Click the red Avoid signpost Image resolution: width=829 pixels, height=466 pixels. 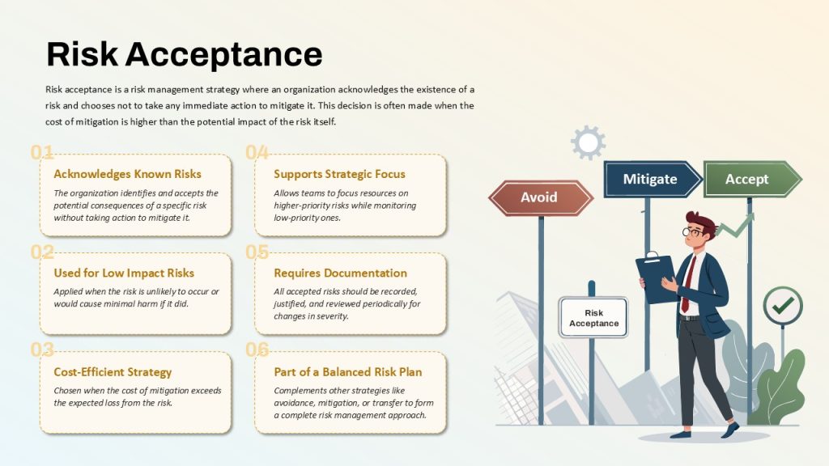coord(540,197)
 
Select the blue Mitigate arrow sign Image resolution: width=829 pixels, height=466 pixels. coord(653,179)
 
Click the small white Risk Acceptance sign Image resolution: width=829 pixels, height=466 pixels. coord(593,317)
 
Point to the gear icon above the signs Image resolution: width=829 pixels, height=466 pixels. coord(588,142)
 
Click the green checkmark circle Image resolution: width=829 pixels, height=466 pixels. coord(783,305)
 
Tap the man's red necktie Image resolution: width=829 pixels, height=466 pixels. coord(688,283)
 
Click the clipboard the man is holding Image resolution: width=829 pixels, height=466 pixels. coord(657,277)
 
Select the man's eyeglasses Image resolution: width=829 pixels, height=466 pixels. coord(692,231)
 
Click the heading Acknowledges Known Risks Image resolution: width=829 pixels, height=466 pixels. coord(127,174)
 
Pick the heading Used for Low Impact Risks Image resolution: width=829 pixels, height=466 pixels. coord(124,273)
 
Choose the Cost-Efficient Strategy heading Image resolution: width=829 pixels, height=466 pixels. coord(113,372)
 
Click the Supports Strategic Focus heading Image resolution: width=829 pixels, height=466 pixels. coord(339,174)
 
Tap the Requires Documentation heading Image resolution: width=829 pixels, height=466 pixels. coord(341,273)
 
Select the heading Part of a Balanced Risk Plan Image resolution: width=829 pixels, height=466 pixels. coord(348,372)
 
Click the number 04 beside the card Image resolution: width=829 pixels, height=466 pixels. coord(257,153)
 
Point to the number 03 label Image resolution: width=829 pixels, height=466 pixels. coord(42,349)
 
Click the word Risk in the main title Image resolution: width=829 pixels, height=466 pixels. coord(82,54)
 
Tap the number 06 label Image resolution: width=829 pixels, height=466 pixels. coord(257,349)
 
